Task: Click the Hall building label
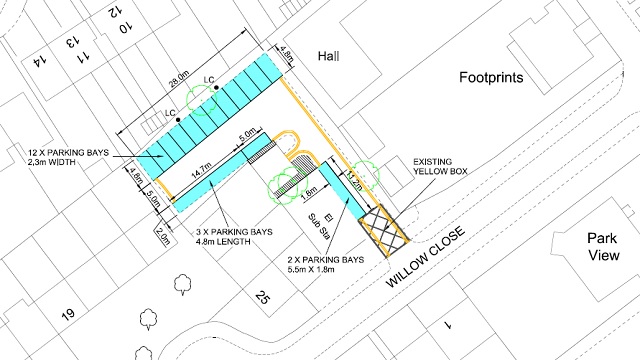click(x=329, y=56)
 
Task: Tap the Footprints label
click(x=491, y=77)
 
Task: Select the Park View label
click(x=603, y=247)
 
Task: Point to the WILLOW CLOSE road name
click(x=425, y=256)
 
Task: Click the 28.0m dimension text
click(x=180, y=79)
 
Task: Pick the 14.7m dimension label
click(x=202, y=170)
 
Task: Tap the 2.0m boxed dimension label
click(x=163, y=236)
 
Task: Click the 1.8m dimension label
click(x=309, y=194)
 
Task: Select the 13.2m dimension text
click(x=354, y=180)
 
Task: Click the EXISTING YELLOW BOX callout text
click(x=440, y=167)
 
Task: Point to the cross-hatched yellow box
click(x=384, y=231)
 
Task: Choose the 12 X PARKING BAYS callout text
click(x=69, y=158)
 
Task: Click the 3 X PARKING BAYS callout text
click(x=234, y=237)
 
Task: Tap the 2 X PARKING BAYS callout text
click(x=326, y=264)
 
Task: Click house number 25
click(x=262, y=297)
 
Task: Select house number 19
click(x=68, y=314)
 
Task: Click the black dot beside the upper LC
click(x=216, y=87)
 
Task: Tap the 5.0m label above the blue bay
click(x=247, y=135)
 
